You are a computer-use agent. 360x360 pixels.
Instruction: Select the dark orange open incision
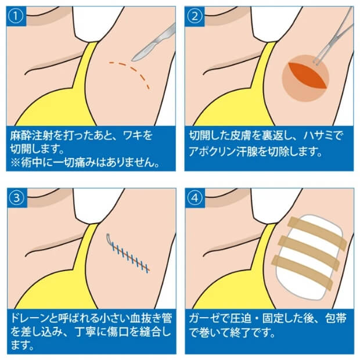304,79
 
